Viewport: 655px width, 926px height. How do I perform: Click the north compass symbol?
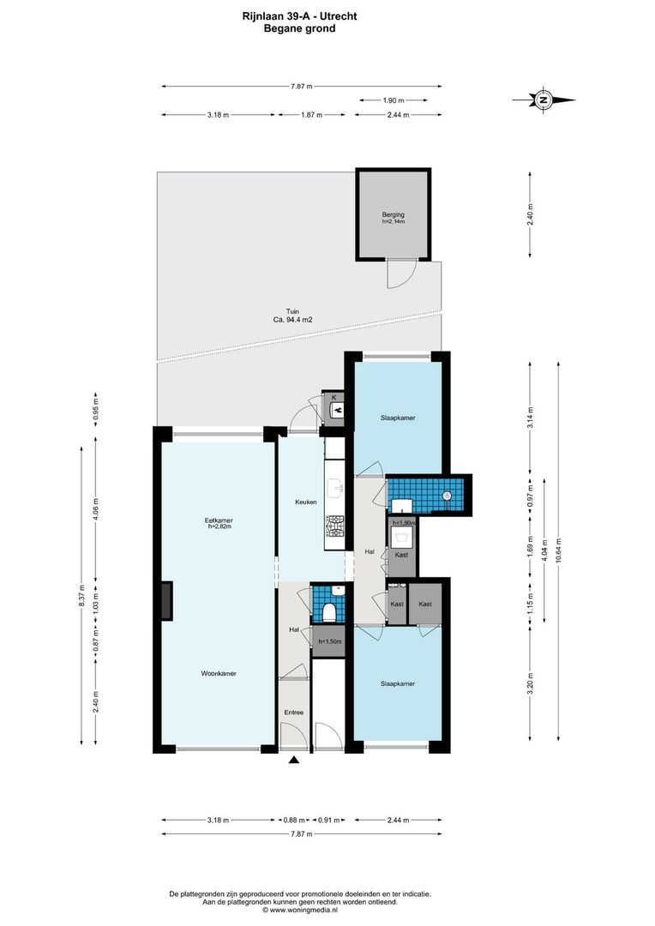coord(544,99)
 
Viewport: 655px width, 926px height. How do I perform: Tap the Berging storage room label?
coord(393,215)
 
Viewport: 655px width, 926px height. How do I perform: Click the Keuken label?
coord(306,502)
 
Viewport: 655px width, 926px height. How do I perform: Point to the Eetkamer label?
coord(218,520)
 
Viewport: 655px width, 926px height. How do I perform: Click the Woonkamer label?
coord(219,673)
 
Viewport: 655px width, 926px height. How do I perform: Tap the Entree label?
coord(293,713)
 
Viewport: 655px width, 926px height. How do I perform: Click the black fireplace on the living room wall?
coord(166,600)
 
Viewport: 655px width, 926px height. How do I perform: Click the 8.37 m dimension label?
coord(82,595)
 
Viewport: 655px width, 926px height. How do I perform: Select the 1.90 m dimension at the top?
coord(394,100)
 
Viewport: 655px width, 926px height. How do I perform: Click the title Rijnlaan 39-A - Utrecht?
coord(299,16)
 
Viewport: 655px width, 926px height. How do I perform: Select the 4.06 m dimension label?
coord(96,508)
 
